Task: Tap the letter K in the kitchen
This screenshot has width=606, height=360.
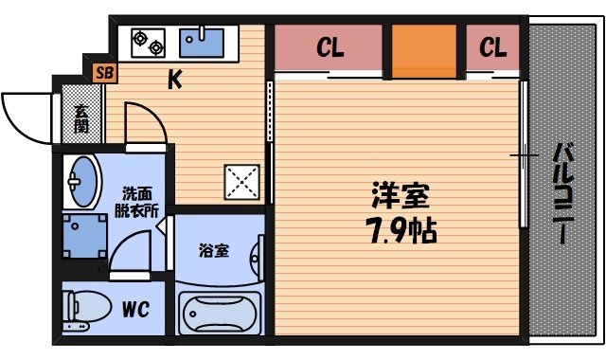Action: pos(175,82)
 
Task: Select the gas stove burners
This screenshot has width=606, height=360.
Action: pos(147,41)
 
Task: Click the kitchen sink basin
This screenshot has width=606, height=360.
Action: pos(201,41)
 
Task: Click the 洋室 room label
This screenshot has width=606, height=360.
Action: pos(399,196)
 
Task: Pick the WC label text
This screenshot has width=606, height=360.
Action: pos(134,308)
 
